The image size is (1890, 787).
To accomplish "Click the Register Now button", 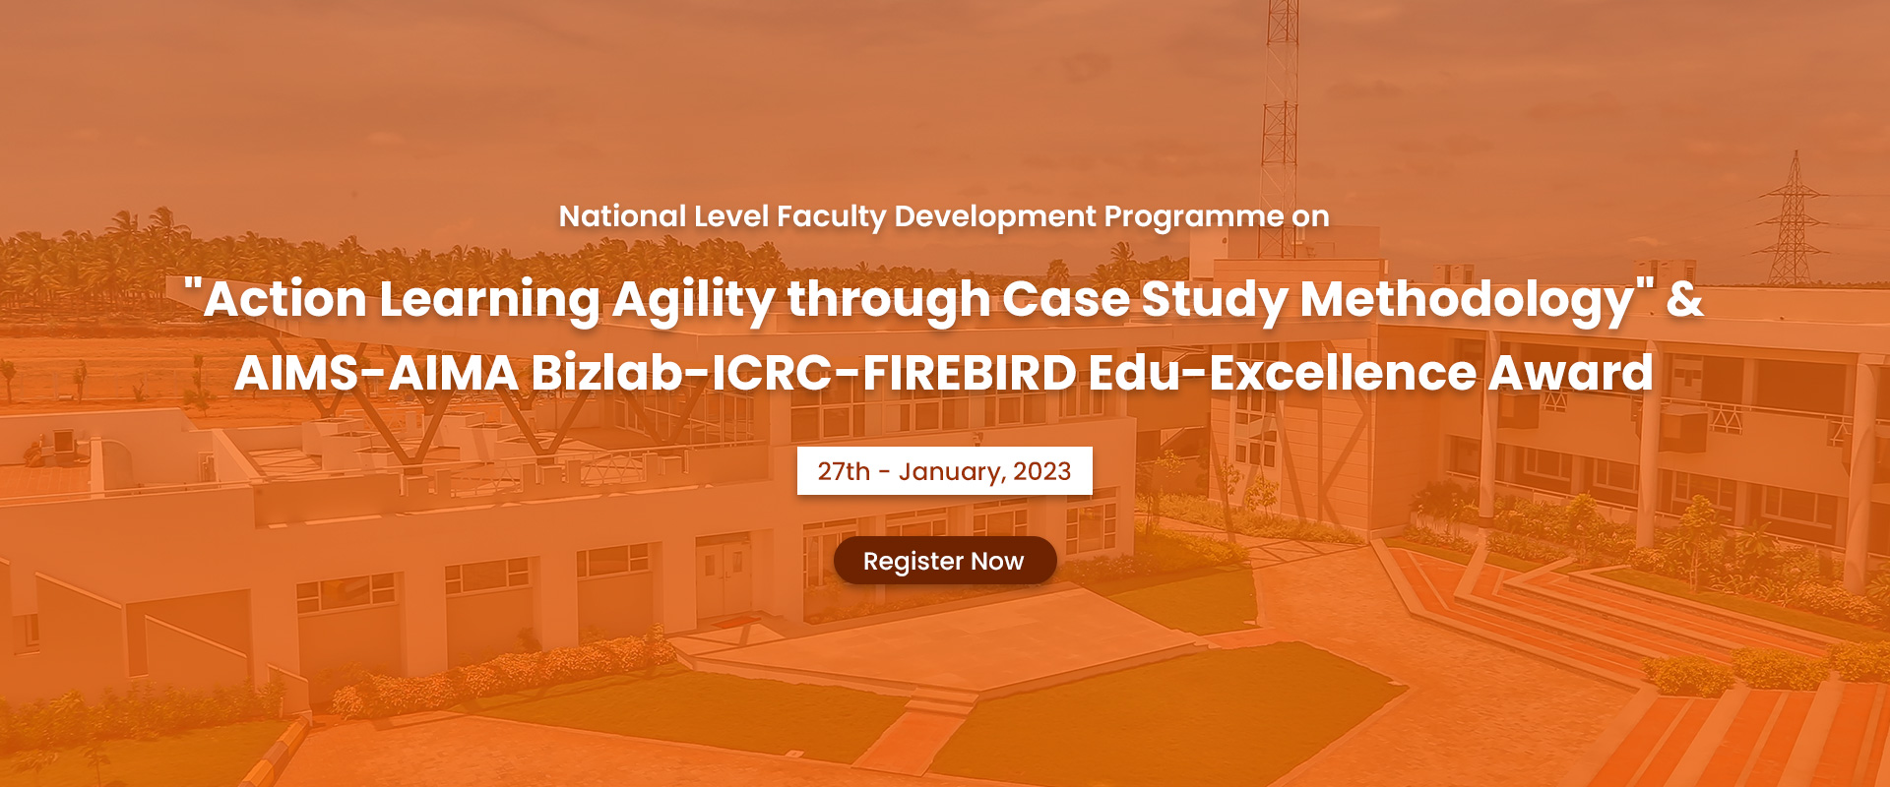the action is [945, 561].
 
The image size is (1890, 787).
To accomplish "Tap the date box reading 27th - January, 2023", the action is [945, 471].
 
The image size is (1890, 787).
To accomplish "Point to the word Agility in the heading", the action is [694, 300].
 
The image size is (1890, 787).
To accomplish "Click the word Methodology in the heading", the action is [1467, 300].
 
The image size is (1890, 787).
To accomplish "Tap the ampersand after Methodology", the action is [1684, 299].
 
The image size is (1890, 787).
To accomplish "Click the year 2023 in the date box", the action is [1042, 471].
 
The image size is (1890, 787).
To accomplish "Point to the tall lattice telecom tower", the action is [1280, 128].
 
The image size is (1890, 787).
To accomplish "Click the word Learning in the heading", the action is [490, 300].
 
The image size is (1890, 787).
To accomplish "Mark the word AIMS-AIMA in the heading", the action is [377, 374].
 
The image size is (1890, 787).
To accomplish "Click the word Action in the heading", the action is [285, 299].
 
